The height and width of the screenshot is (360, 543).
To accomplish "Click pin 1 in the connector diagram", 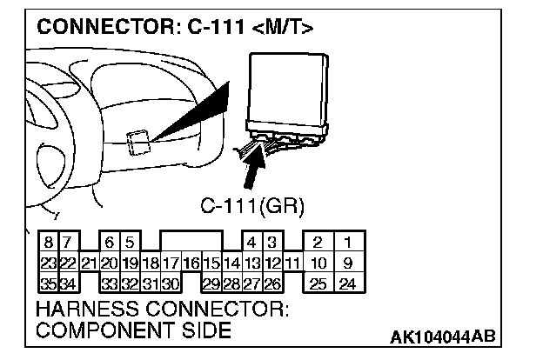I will tap(347, 242).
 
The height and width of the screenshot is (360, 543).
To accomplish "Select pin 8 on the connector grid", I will tap(49, 242).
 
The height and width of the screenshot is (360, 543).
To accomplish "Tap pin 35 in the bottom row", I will tap(49, 282).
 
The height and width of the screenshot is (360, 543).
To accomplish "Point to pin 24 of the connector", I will tap(347, 282).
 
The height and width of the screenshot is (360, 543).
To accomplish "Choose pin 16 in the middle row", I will tap(191, 262).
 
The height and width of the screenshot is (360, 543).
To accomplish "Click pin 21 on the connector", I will tap(89, 262).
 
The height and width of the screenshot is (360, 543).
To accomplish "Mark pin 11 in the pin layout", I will tap(292, 262).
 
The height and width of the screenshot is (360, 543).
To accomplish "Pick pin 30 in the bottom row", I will tap(171, 282).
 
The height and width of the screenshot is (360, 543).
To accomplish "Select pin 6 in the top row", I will tap(110, 242).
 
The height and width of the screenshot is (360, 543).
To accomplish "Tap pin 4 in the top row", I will tap(252, 242).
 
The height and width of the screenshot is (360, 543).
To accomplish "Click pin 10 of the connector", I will tap(319, 262).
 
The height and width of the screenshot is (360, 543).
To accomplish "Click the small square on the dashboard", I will tap(136, 141).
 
